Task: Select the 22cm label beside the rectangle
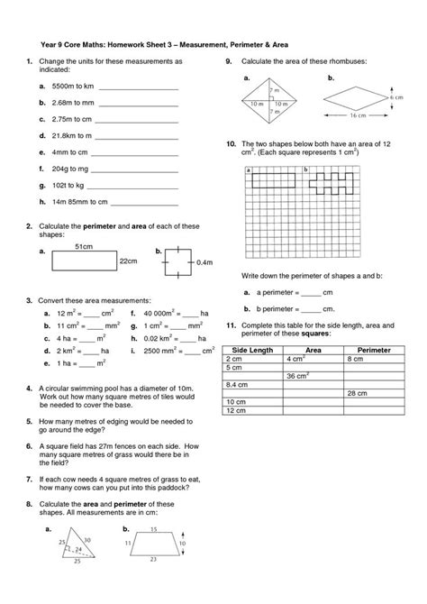pos(127,260)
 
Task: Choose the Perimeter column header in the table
pos(374,349)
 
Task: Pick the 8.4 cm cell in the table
pos(235,384)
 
